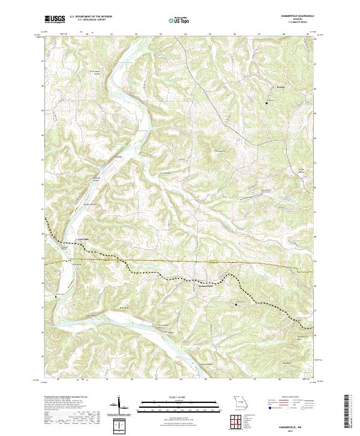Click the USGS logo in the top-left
(x=55, y=19)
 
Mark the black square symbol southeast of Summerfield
(x=236, y=304)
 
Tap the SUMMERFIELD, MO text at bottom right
(x=292, y=425)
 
